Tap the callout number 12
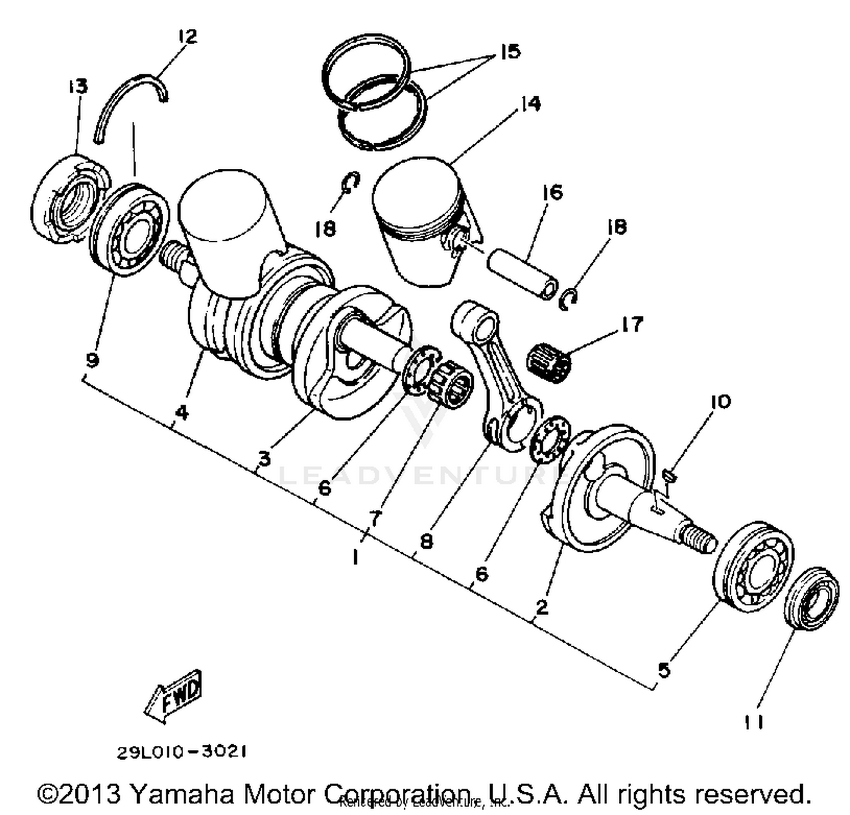[x=186, y=37]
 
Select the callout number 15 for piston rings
[x=509, y=52]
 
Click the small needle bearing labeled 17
[x=549, y=362]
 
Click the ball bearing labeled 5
[x=753, y=566]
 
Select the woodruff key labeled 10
[x=669, y=476]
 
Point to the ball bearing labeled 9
[x=130, y=229]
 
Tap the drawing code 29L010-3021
[x=181, y=752]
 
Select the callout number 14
[x=530, y=104]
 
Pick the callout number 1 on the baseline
[x=355, y=557]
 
